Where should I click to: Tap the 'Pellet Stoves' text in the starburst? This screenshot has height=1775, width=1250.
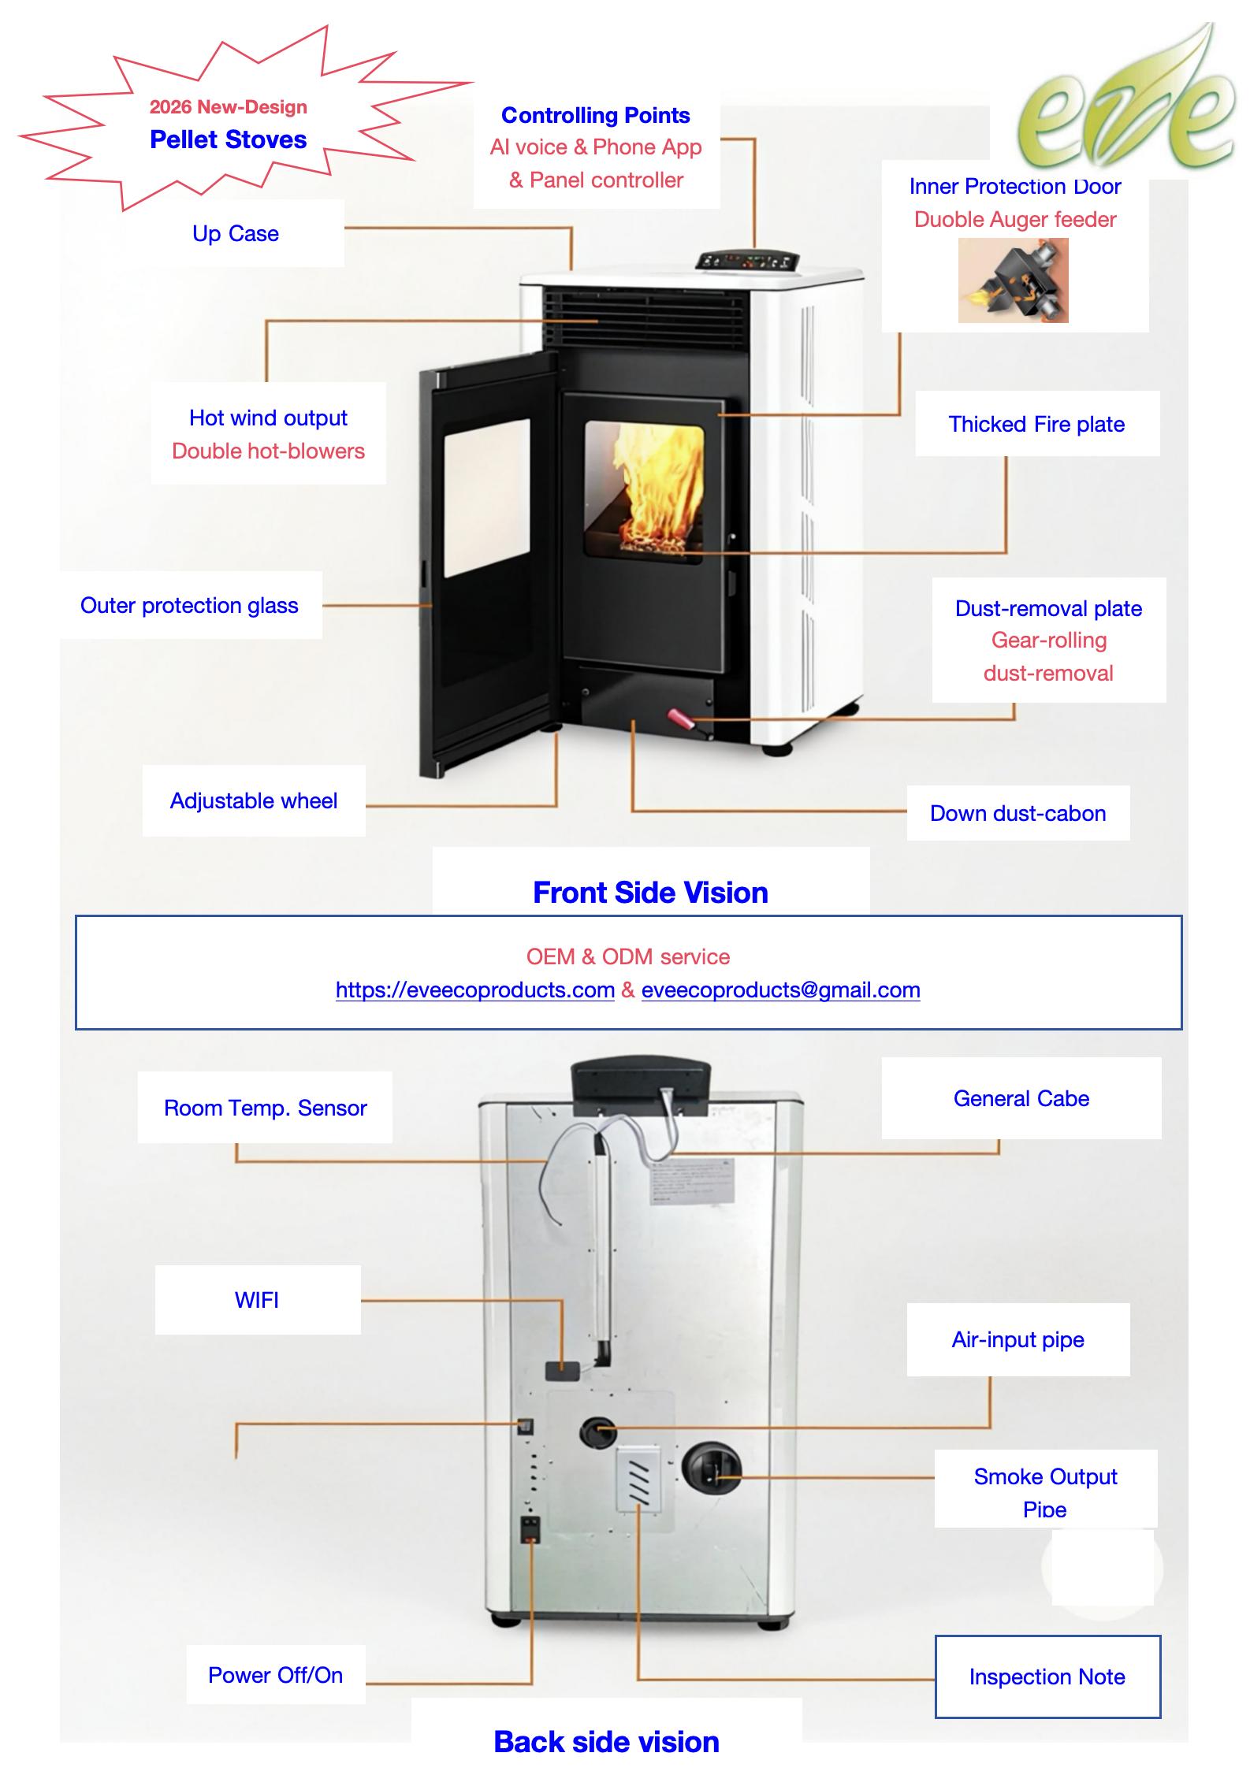(228, 139)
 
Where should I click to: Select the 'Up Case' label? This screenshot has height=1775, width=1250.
(235, 233)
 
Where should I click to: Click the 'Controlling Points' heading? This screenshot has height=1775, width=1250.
(595, 115)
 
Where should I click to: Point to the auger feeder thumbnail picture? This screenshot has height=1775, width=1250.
(1013, 280)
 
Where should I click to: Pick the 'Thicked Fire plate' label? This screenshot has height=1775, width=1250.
(1036, 424)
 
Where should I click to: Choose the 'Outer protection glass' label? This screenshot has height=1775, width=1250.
(189, 605)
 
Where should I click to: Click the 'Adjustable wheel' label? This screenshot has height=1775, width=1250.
(253, 800)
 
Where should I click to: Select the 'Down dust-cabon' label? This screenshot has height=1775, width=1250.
(1017, 813)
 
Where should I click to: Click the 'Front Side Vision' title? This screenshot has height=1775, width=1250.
(650, 892)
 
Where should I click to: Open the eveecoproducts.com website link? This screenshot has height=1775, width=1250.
(474, 990)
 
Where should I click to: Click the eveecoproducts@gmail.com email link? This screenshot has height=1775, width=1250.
(780, 990)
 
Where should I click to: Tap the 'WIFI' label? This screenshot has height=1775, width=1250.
(257, 1300)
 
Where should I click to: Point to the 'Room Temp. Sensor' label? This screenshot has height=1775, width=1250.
(265, 1108)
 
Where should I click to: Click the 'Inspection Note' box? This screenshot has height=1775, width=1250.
(1047, 1677)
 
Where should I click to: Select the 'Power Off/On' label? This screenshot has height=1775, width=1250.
(275, 1675)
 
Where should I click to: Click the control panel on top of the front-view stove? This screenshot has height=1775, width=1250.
(748, 262)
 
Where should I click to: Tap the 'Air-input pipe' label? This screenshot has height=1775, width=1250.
(1017, 1339)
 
